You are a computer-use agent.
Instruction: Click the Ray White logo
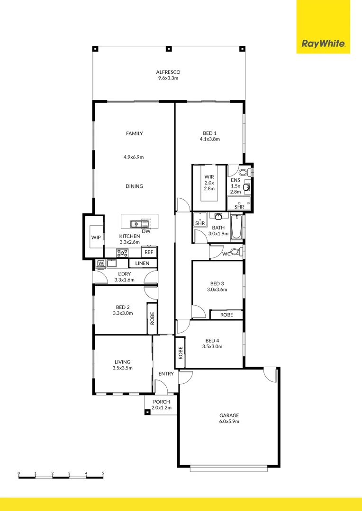pyautogui.click(x=323, y=44)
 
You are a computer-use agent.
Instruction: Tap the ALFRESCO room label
pyautogui.click(x=168, y=72)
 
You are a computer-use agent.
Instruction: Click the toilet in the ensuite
pyautogui.click(x=244, y=172)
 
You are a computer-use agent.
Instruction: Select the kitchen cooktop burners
pyautogui.click(x=122, y=253)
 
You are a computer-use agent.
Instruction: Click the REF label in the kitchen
pyautogui.click(x=149, y=253)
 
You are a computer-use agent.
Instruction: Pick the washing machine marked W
pyautogui.click(x=100, y=263)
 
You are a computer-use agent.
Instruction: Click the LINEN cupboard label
pyautogui.click(x=142, y=263)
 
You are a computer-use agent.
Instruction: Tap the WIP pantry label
pyautogui.click(x=96, y=238)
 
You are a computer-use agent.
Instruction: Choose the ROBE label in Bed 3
pyautogui.click(x=226, y=315)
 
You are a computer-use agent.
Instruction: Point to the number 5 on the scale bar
pyautogui.click(x=103, y=473)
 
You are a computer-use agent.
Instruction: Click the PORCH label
pyautogui.click(x=161, y=402)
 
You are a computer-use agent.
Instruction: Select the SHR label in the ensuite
pyautogui.click(x=239, y=207)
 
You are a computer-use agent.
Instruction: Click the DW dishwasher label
pyautogui.click(x=146, y=231)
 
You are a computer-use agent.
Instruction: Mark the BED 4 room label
pyautogui.click(x=213, y=340)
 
